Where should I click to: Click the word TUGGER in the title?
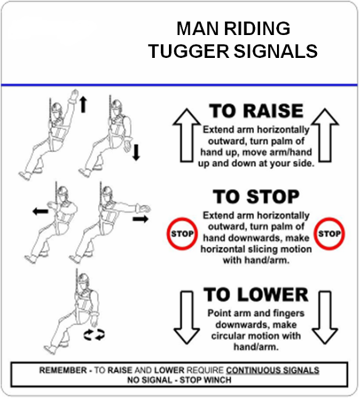190,51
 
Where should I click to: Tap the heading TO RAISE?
256,111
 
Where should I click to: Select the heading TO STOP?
256,197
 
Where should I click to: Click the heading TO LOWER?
256,295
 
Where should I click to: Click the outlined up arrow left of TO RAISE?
186,136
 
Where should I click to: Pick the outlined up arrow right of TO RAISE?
325,136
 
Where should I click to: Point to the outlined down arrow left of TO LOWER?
186,318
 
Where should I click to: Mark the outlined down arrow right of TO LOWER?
325,318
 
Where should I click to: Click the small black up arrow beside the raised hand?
83,105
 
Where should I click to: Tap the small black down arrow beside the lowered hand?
136,152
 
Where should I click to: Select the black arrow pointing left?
41,211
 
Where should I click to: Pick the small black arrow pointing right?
140,219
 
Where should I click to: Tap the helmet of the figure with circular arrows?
83,278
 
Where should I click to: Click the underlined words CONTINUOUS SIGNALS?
273,370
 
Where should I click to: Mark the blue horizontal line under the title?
180,84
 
